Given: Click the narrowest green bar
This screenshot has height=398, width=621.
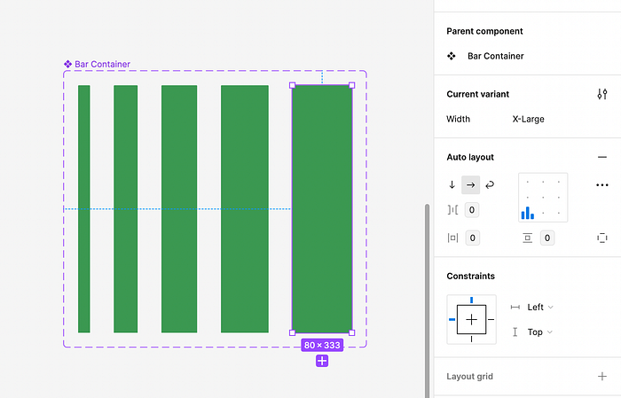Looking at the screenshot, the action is [84, 209].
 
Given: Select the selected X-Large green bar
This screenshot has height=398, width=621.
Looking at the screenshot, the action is [322, 209].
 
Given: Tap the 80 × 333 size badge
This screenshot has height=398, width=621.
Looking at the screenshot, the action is [322, 345].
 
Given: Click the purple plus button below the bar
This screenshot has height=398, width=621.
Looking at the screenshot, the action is [322, 361].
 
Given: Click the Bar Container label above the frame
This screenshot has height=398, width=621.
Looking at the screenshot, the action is [103, 64].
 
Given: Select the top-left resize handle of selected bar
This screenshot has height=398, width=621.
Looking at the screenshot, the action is [292, 85].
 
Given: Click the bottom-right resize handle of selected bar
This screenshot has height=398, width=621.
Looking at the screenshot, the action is [352, 332].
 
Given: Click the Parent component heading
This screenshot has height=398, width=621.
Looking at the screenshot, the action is [484, 31].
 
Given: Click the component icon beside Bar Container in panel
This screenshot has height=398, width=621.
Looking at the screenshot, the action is [452, 56].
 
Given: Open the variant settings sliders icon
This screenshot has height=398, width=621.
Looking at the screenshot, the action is [602, 94].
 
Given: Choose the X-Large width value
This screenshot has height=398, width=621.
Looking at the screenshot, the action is [529, 119].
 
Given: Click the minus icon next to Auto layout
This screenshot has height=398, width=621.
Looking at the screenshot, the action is [602, 157].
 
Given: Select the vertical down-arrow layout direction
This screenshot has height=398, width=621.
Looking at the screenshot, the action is [452, 184].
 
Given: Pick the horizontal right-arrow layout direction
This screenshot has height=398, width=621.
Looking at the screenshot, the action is [470, 184].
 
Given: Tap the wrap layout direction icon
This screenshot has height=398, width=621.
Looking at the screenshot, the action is [490, 184].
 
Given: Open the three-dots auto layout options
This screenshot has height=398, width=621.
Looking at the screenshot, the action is [602, 185].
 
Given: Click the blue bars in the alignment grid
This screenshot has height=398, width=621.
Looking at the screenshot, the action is [528, 213].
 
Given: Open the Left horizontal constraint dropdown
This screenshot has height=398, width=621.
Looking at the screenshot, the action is [539, 307].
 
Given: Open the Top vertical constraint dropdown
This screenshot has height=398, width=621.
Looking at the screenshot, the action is [539, 332].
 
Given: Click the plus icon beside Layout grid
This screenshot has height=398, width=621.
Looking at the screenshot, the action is [602, 376].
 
